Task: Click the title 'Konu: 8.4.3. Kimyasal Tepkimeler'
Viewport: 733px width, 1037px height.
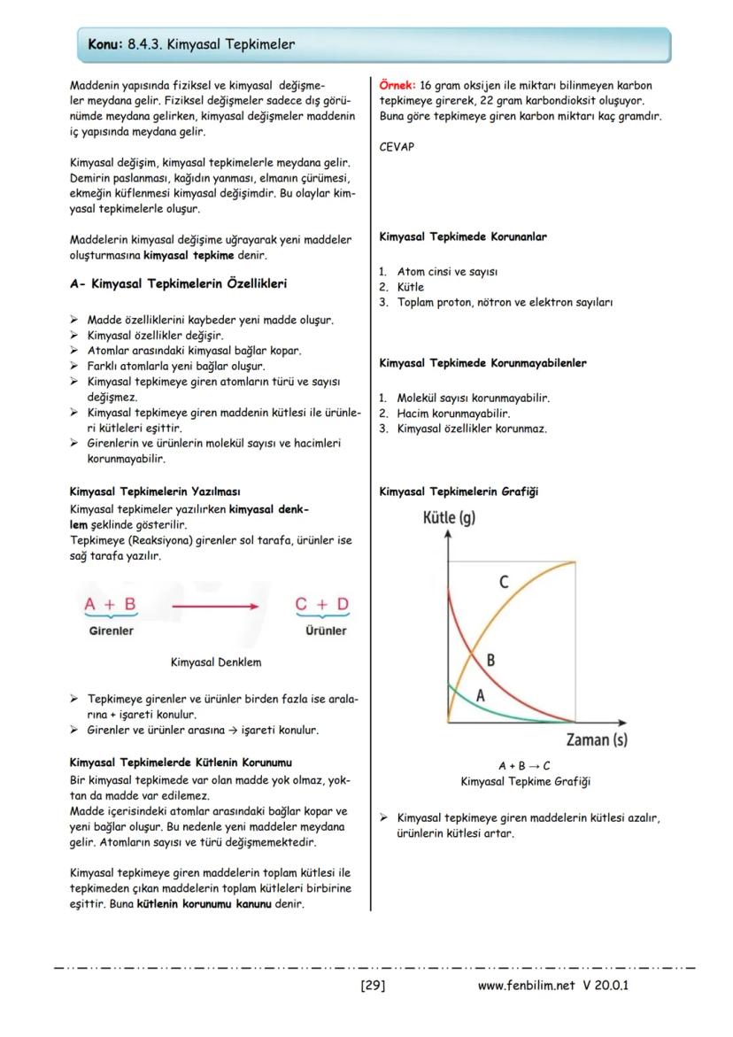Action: pos(191,44)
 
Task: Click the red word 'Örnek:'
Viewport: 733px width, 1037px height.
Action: pos(397,86)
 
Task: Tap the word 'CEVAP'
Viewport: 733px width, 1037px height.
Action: pos(397,147)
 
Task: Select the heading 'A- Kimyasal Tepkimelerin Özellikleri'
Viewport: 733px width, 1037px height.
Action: pos(178,284)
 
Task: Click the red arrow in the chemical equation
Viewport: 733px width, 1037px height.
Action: pos(215,607)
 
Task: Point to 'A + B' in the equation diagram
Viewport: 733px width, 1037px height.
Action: pos(110,604)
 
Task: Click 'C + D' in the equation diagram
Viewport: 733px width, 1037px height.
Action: pos(322,604)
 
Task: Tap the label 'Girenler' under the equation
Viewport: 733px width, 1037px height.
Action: pos(111,631)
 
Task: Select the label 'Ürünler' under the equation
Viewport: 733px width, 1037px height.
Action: pos(325,631)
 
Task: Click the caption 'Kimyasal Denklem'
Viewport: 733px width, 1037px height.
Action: pos(215,662)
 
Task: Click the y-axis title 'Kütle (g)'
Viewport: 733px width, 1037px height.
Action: pos(450,518)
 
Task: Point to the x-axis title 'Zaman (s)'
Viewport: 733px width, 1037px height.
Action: pos(597,739)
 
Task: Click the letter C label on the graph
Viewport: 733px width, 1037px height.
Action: pos(504,582)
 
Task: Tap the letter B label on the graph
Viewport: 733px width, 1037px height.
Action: pos(490,660)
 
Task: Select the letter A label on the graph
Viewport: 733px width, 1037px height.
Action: pos(481,696)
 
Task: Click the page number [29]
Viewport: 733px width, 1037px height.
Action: pos(373,986)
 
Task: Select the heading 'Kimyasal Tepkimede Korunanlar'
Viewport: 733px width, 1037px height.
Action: pos(463,237)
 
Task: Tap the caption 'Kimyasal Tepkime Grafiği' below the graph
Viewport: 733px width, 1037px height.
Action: pos(525,782)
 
